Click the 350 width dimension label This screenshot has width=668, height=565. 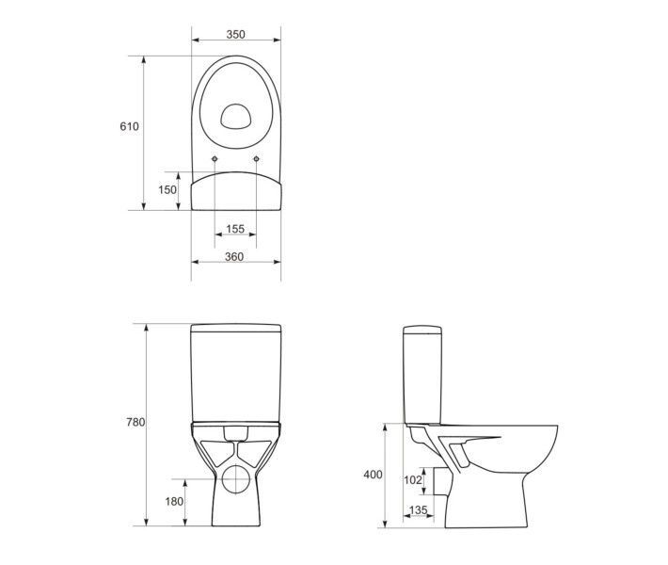(235, 34)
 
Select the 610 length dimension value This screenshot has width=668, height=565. (129, 126)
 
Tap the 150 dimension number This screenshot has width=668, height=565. (167, 189)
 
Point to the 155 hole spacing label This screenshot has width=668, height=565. (235, 229)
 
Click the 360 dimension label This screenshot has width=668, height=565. (234, 257)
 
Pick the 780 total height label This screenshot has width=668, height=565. (135, 422)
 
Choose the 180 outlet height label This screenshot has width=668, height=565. (174, 502)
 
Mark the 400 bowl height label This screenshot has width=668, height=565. (373, 475)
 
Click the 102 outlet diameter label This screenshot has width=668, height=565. (412, 480)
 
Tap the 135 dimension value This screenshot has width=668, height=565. (418, 510)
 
